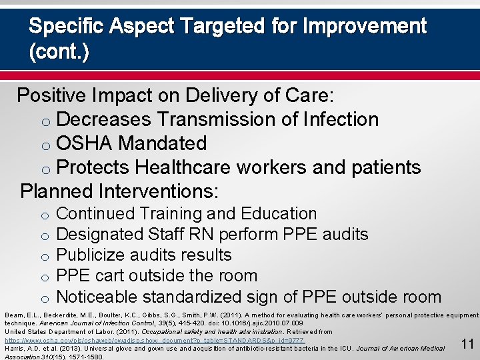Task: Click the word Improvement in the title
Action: tap(364, 26)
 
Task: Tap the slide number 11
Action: tap(467, 344)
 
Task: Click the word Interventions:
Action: tap(157, 191)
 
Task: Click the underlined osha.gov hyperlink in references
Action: tap(154, 340)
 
